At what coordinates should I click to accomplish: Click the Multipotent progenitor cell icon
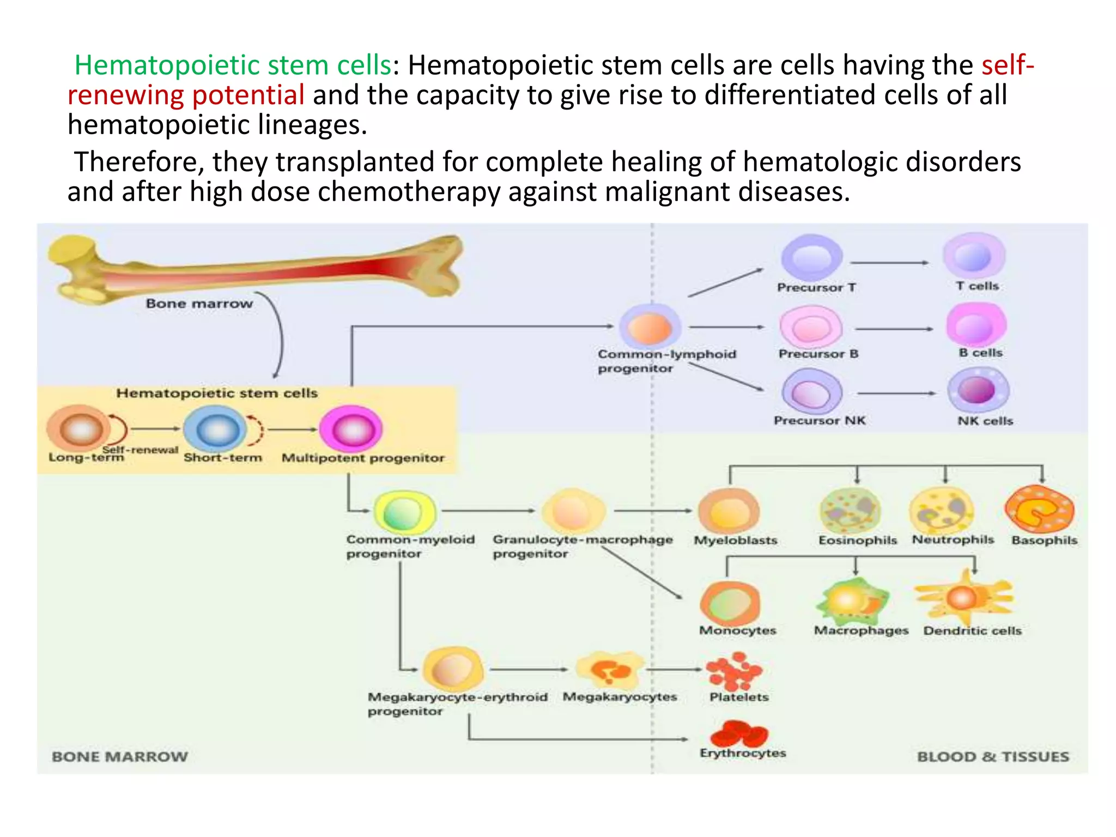(351, 429)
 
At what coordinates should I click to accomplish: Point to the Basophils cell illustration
(1040, 510)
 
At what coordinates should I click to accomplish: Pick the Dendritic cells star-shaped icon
(963, 598)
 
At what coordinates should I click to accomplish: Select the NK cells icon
(979, 390)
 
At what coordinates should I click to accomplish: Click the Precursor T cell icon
(812, 257)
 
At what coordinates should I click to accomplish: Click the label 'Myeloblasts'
(736, 541)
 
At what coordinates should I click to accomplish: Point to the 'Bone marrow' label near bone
(199, 304)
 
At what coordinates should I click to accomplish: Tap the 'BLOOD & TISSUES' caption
(993, 757)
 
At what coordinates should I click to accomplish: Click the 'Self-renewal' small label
(141, 450)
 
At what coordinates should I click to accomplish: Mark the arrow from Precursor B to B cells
(894, 329)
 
